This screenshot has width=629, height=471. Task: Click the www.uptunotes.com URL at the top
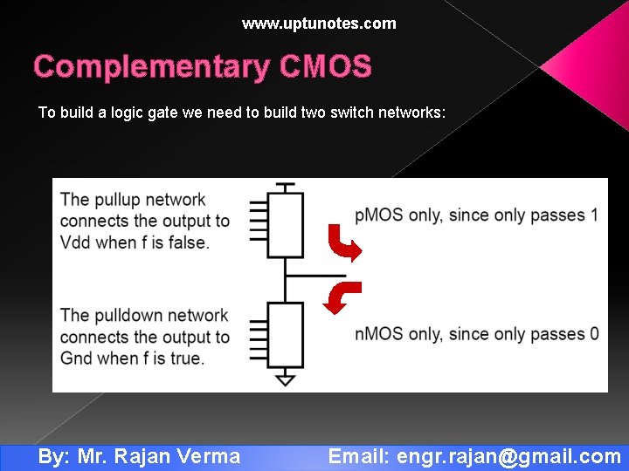[x=319, y=24]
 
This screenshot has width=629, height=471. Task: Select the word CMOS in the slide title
[x=326, y=67]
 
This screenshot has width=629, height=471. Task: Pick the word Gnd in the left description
[x=77, y=358]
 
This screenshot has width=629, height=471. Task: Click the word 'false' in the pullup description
[x=188, y=242]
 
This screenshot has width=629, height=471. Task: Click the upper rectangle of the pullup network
[x=286, y=225]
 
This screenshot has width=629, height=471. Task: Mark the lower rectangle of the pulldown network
[x=286, y=334]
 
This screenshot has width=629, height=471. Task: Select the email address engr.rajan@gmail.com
[x=508, y=456]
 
